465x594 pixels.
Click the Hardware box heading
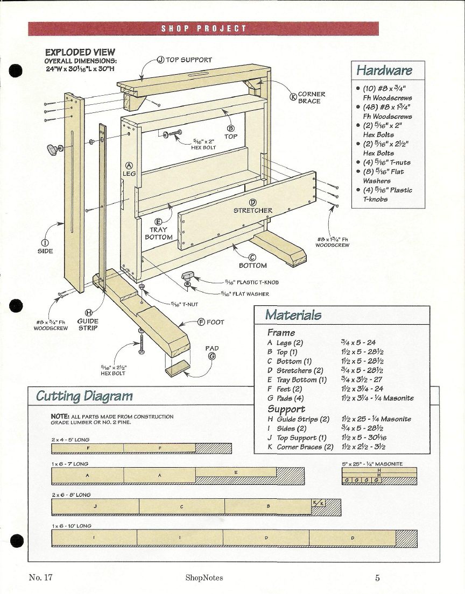pos(384,70)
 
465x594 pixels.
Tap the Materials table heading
pos(293,315)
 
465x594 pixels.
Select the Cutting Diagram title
pos(83,396)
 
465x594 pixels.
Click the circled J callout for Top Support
pos(160,60)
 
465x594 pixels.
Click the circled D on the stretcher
pos(252,202)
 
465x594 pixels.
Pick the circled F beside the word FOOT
pos(201,322)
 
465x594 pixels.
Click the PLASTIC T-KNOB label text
pos(251,282)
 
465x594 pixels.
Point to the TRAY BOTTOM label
pos(159,233)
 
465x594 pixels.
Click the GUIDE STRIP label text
pos(88,324)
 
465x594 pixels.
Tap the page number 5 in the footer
pos(377,578)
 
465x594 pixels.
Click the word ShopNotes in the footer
pos(204,578)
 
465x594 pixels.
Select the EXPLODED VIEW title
pos(80,52)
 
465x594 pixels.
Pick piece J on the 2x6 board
pos(95,506)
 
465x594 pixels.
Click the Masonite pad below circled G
pos(178,370)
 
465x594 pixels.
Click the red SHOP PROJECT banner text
pos(203,28)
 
